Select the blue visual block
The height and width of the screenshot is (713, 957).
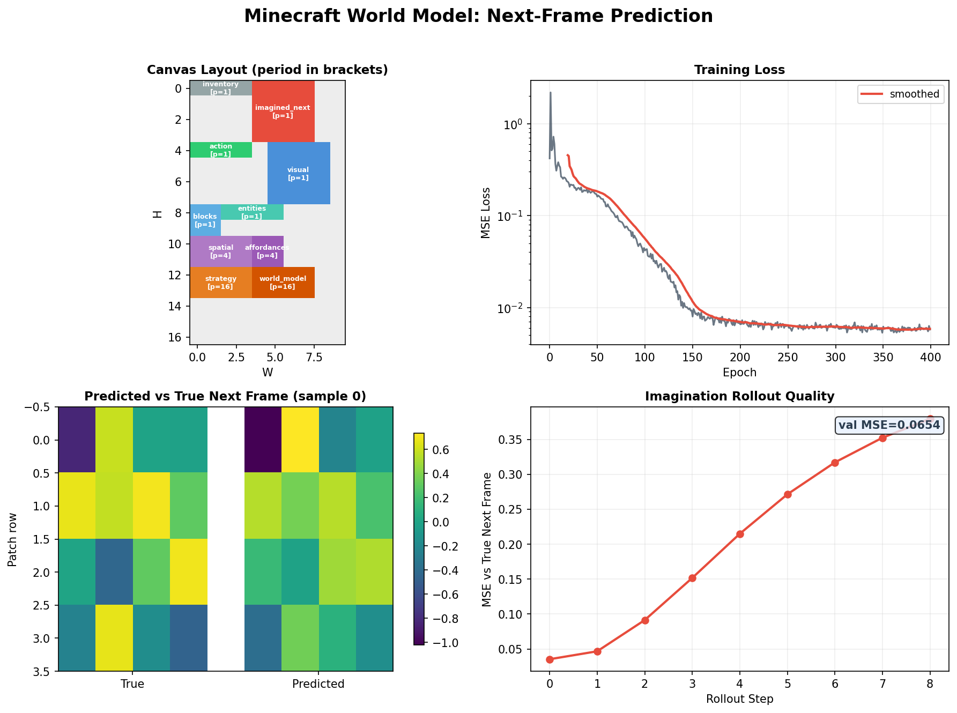[299, 173]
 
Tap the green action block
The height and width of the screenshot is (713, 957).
[221, 150]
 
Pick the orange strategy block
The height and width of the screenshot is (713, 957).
[221, 283]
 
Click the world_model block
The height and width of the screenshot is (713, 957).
[283, 283]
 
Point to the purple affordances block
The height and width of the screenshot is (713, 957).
[268, 251]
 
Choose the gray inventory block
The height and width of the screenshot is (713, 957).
[221, 88]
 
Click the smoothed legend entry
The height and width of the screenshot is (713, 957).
[900, 94]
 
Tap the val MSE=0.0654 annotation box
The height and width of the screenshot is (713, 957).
[889, 426]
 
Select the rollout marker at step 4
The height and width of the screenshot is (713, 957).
[740, 534]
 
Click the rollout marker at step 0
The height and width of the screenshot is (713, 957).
[550, 659]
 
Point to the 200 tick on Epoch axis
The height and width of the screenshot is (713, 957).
[740, 358]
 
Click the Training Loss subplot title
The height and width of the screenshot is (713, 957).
[739, 70]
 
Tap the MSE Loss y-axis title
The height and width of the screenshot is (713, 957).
[486, 212]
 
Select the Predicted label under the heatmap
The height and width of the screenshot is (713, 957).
[318, 684]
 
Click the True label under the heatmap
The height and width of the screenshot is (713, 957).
[132, 684]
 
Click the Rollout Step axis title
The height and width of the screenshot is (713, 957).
[739, 699]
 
